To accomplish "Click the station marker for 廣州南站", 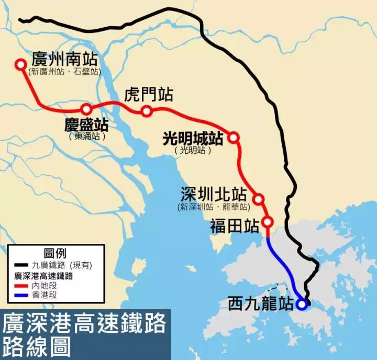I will tap(20, 64).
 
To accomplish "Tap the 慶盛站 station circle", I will tap(86, 109).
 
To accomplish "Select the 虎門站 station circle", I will tap(147, 111).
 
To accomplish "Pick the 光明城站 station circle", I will tap(234, 137).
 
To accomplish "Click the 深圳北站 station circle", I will tap(258, 199).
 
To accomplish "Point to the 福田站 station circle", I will tap(267, 221).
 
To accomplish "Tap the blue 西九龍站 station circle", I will tap(301, 303).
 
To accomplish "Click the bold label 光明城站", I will tap(193, 138).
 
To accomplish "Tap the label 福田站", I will tap(235, 226).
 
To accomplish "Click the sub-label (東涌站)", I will tap(87, 136).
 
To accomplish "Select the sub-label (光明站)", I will tap(193, 150).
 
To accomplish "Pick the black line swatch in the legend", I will tap(21, 265).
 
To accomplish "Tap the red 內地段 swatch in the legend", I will tap(21, 285).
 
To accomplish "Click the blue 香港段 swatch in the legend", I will tap(21, 295).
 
